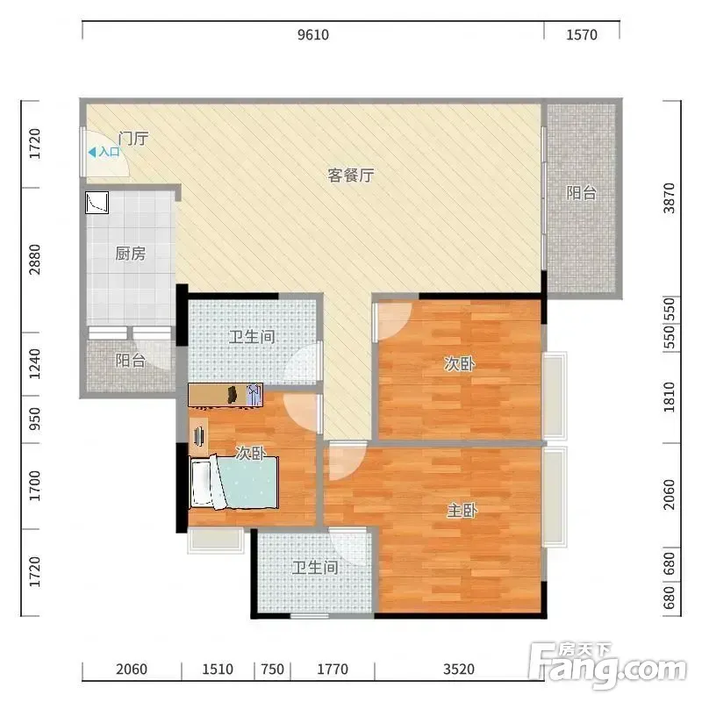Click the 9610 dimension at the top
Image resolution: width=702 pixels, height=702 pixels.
313,34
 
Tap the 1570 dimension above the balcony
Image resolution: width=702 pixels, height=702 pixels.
582,34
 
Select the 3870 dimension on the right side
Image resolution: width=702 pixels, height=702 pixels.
669,198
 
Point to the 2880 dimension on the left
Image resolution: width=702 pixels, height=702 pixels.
34,260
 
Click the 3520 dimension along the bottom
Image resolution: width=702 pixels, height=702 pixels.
458,669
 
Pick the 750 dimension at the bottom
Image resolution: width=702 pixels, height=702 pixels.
272,669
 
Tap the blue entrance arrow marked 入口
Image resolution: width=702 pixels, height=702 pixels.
92,153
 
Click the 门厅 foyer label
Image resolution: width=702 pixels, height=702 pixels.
133,139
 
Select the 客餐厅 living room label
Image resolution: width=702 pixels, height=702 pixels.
350,175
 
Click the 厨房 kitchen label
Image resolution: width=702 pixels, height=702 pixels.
130,254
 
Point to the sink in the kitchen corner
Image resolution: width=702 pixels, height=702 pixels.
97,203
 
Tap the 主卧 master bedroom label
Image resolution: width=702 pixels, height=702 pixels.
462,510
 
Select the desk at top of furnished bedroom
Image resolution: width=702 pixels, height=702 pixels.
226,395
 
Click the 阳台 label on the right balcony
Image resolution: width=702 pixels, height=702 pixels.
581,193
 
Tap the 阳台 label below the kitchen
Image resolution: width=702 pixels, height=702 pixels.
130,361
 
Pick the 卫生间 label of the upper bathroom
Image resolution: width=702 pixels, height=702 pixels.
252,337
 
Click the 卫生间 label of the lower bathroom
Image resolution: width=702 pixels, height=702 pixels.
315,568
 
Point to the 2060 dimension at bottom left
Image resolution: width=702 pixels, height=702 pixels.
131,669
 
